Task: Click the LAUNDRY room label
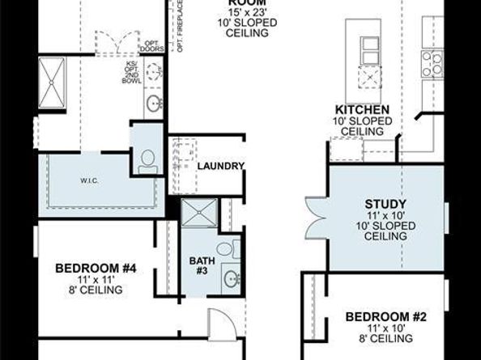[x=220, y=166]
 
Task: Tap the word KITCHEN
[x=364, y=109]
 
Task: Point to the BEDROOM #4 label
[x=89, y=267]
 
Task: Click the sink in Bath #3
[x=232, y=280]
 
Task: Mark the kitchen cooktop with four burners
[x=432, y=63]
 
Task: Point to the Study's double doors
[x=313, y=218]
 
